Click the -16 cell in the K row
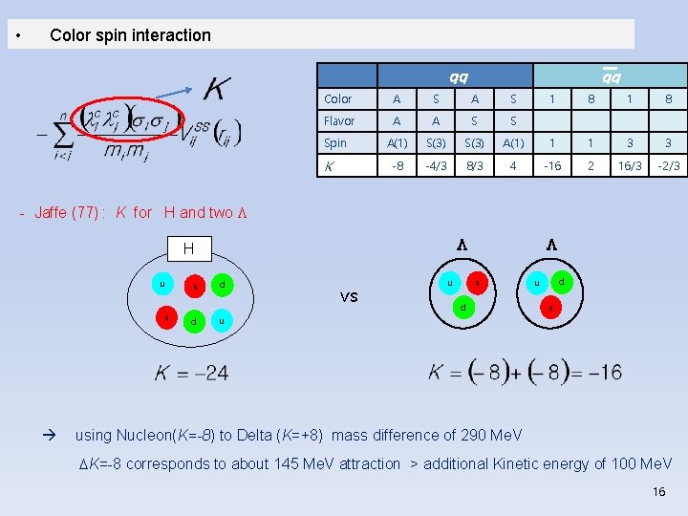point(551,165)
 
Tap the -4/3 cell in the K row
point(435,165)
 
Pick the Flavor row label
point(339,121)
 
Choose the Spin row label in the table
point(335,143)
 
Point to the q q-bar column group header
point(609,75)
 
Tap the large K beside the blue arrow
point(216,89)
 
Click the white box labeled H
point(188,248)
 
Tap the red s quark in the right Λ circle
point(548,307)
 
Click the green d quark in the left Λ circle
point(462,307)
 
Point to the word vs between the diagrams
point(349,296)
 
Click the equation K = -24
point(192,373)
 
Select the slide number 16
point(657,491)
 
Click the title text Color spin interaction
point(130,35)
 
